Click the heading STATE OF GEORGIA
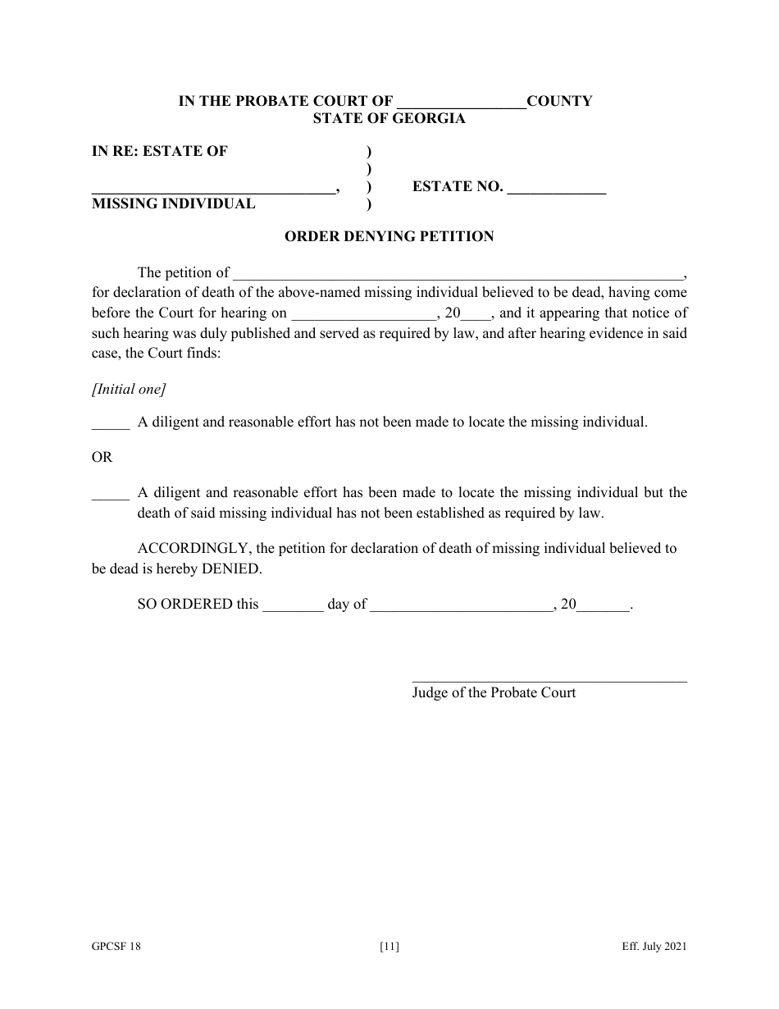(x=389, y=119)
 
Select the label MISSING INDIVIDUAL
(x=173, y=204)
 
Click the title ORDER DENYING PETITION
(x=389, y=237)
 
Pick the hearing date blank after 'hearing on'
(x=363, y=314)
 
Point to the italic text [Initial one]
(x=129, y=390)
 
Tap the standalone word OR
(x=102, y=458)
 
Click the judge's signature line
(x=549, y=678)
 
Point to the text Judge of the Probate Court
(x=494, y=693)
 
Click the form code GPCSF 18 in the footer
(x=116, y=947)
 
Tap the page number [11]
(x=389, y=947)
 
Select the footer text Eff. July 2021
(x=654, y=947)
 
